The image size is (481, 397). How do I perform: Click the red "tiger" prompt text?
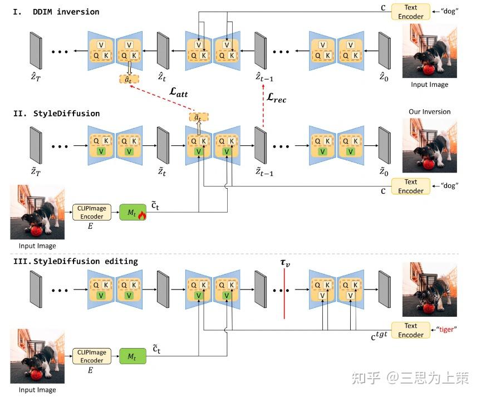tap(446, 330)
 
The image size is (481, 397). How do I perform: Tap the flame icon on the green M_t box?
tap(142, 215)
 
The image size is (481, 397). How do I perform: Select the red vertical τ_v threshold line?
tap(284, 293)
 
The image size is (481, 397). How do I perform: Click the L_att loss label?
tap(179, 92)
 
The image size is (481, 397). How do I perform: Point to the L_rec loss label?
tap(276, 97)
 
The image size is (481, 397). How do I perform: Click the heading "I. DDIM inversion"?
tap(56, 12)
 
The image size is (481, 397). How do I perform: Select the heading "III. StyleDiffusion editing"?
tap(76, 261)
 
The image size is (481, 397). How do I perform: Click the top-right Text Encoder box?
tap(411, 12)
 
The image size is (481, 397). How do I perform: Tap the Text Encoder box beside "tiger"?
tap(411, 330)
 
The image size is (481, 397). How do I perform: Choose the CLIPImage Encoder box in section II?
tap(92, 212)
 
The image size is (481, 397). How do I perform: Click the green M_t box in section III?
tap(132, 356)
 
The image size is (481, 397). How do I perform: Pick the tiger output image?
tap(429, 290)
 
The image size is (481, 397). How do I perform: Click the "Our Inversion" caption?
tap(429, 112)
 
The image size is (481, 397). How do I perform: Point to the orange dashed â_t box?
tap(129, 80)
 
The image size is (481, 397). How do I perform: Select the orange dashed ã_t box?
tap(199, 117)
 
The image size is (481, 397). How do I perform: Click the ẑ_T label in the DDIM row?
tap(36, 76)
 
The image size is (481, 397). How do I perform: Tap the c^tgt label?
tap(379, 336)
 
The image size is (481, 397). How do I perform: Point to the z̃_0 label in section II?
tap(384, 171)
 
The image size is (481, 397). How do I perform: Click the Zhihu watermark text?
tap(410, 378)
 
